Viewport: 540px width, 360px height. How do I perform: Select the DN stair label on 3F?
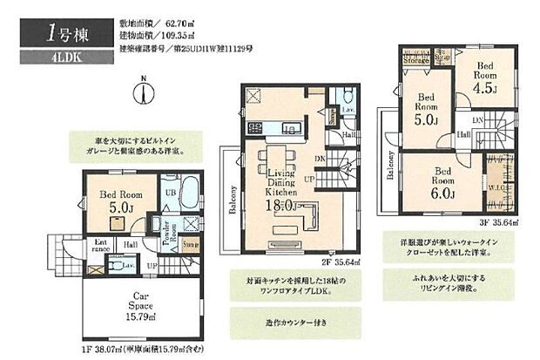pos(476,120)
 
